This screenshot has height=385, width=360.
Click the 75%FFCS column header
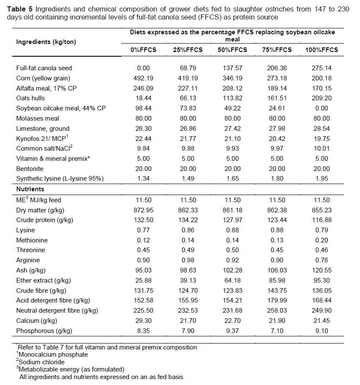coord(277,50)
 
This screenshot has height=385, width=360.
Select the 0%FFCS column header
coord(143,50)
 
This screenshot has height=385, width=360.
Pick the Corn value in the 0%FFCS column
coord(143,78)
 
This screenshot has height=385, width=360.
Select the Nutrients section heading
coord(30,189)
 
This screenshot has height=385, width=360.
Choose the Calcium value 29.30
coord(143,321)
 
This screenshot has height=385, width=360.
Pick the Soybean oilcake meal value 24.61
coord(277,108)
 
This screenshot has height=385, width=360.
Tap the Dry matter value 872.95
coord(143,210)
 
